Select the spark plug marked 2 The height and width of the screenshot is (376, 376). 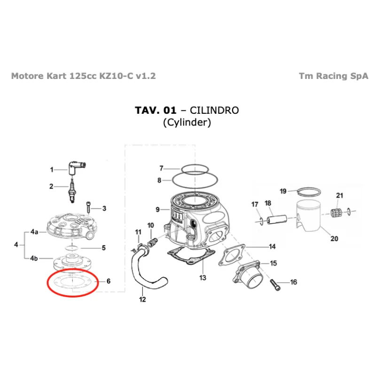pos(72,191)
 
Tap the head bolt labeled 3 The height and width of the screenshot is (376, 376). pos(88,207)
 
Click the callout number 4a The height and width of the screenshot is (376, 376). pos(34,232)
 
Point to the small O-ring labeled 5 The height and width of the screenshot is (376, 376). pos(72,248)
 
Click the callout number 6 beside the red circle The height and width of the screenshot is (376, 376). pos(109,281)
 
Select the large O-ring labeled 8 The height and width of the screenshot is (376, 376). pos(195,180)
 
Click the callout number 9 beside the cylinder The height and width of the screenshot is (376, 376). pos(157,210)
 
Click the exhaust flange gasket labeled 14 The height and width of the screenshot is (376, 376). pos(232,255)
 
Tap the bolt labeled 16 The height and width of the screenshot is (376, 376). pos(275,285)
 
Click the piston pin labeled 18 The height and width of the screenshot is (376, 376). pos(277,219)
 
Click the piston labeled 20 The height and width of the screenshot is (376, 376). pos(309,216)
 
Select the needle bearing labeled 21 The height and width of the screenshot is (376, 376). pos(336,213)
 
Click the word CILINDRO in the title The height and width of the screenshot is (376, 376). pos(214,110)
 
